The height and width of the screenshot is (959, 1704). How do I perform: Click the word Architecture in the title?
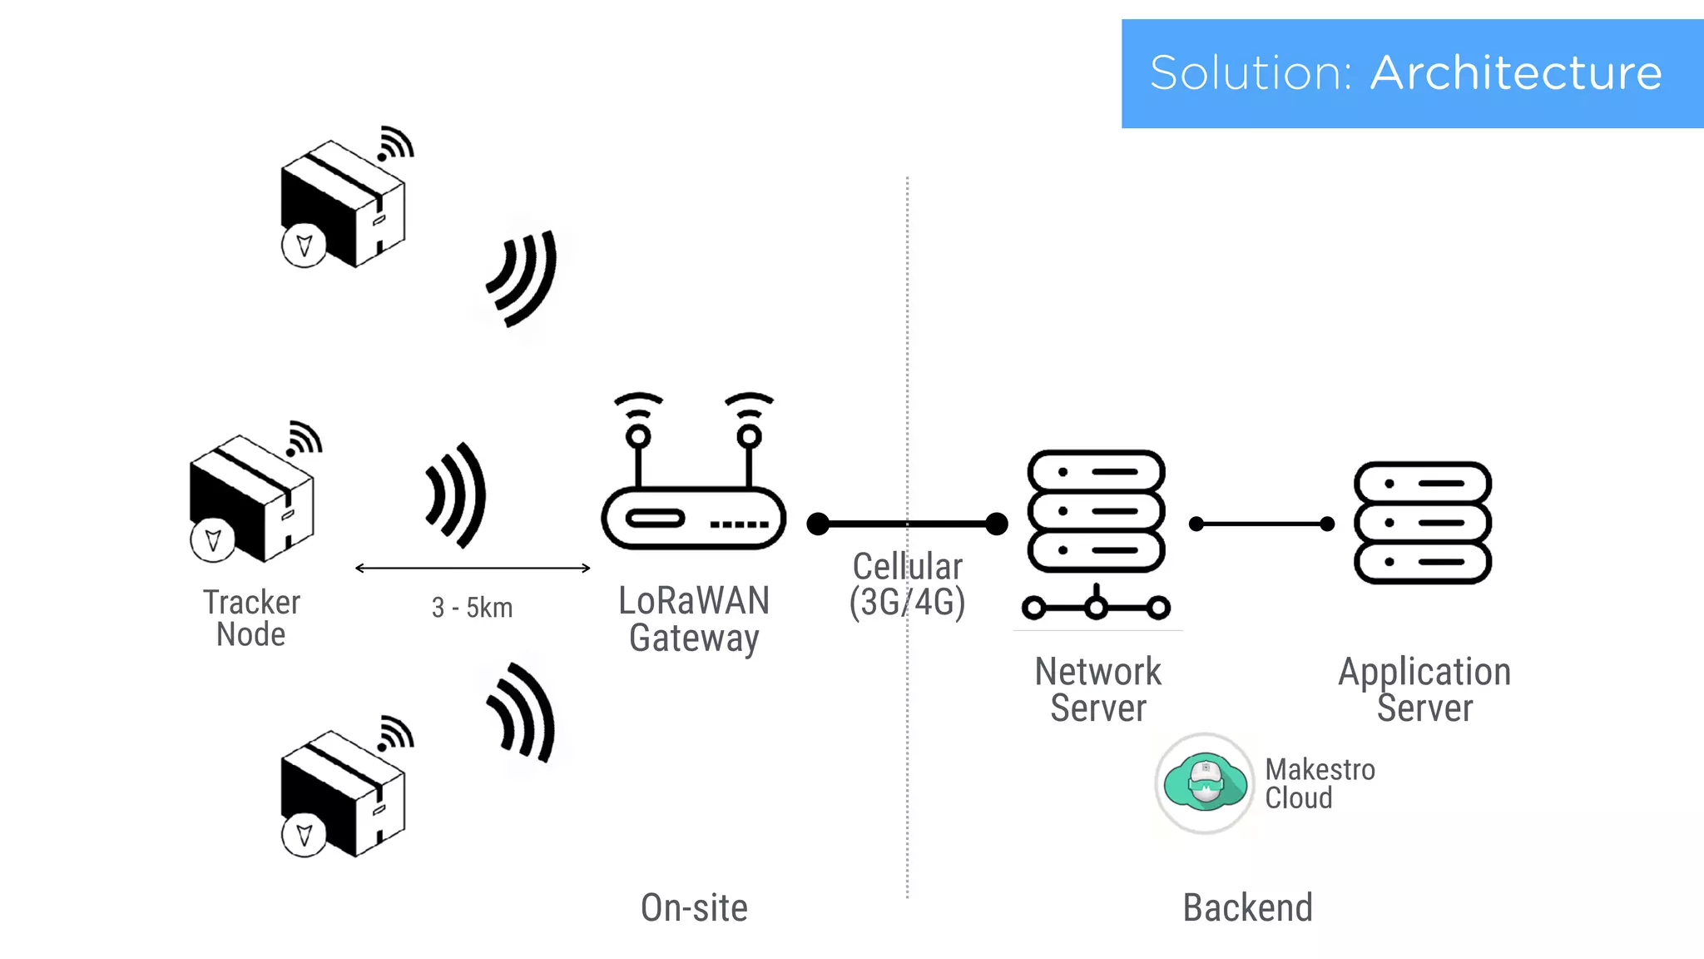[1515, 73]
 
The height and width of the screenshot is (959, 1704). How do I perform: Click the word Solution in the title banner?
[1251, 73]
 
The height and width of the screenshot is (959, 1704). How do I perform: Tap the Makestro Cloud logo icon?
[1205, 783]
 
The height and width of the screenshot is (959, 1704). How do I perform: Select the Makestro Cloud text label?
[1320, 783]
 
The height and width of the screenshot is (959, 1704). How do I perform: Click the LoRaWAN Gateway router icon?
[693, 516]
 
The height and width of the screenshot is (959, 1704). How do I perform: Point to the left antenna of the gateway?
[638, 441]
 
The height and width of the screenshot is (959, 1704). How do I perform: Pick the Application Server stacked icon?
[1423, 523]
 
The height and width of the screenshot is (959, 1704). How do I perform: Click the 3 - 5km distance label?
[472, 608]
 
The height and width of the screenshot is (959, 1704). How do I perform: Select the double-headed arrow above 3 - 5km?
[472, 569]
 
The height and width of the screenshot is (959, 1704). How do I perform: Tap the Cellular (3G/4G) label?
[907, 584]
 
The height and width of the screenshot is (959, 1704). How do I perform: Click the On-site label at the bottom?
[694, 907]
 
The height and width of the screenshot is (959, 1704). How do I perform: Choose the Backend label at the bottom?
[1247, 907]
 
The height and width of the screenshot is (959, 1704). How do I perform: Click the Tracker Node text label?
[251, 618]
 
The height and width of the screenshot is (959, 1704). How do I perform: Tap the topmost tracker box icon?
[343, 204]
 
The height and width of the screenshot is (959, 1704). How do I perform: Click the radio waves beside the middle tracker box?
[456, 495]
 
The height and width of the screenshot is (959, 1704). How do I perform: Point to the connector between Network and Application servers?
[1261, 524]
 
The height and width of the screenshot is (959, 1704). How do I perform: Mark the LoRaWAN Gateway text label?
[694, 619]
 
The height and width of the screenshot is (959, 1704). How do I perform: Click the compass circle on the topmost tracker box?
[304, 246]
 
